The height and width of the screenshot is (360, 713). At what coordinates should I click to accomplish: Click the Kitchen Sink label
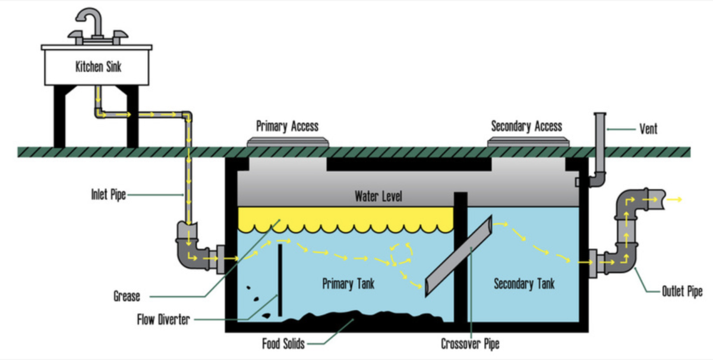[x=98, y=67]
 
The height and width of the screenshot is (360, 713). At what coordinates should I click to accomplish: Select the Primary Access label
[x=287, y=126]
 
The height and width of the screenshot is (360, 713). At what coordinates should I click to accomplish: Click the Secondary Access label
[x=526, y=126]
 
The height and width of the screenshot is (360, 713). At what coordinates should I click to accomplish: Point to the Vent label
[x=648, y=128]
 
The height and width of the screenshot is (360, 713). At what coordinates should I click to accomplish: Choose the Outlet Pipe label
[x=682, y=292]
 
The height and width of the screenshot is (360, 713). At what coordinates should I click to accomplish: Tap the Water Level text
[x=378, y=196]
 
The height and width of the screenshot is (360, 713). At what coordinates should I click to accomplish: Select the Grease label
[x=127, y=295]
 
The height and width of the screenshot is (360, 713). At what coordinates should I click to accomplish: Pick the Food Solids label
[x=283, y=344]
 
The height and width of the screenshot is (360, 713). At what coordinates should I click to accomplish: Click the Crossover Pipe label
[x=470, y=343]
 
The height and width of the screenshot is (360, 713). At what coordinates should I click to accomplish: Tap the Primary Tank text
[x=349, y=283]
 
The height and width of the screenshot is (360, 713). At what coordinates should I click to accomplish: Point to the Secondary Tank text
[x=524, y=283]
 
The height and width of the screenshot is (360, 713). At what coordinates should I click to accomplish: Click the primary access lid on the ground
[x=288, y=142]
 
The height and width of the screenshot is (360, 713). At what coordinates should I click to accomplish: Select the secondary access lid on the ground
[x=527, y=142]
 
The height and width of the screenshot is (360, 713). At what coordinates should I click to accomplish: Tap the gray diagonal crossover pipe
[x=458, y=256]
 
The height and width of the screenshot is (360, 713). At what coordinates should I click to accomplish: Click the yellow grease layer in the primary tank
[x=345, y=218]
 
